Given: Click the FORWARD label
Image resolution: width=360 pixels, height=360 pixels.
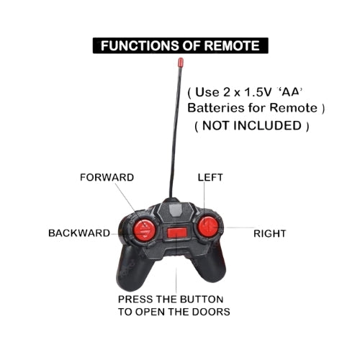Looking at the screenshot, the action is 107,177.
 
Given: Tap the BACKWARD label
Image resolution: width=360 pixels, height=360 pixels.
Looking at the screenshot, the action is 79,233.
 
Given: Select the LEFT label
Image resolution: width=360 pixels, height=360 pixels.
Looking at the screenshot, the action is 210,177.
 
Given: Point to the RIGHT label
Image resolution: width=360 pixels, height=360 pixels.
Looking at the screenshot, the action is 270,233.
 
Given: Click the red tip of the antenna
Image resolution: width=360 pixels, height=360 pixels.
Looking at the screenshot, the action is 181,62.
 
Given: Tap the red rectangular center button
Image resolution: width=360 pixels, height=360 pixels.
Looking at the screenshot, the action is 177,233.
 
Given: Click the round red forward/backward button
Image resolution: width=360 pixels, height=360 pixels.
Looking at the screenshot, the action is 145,230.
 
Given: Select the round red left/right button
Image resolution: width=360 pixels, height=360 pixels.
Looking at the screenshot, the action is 208,227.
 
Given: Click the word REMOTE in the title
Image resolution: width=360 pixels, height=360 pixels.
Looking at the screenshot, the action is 232,45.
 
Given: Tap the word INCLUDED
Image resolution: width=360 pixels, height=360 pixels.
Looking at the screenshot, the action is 268,125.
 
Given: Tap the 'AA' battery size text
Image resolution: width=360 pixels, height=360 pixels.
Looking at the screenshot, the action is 289,91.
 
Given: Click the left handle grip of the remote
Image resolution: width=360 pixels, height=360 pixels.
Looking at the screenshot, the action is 133,269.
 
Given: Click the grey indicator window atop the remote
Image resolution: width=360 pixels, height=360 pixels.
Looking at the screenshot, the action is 175,209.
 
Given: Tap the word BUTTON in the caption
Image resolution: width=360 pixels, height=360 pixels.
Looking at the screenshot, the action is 202,300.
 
